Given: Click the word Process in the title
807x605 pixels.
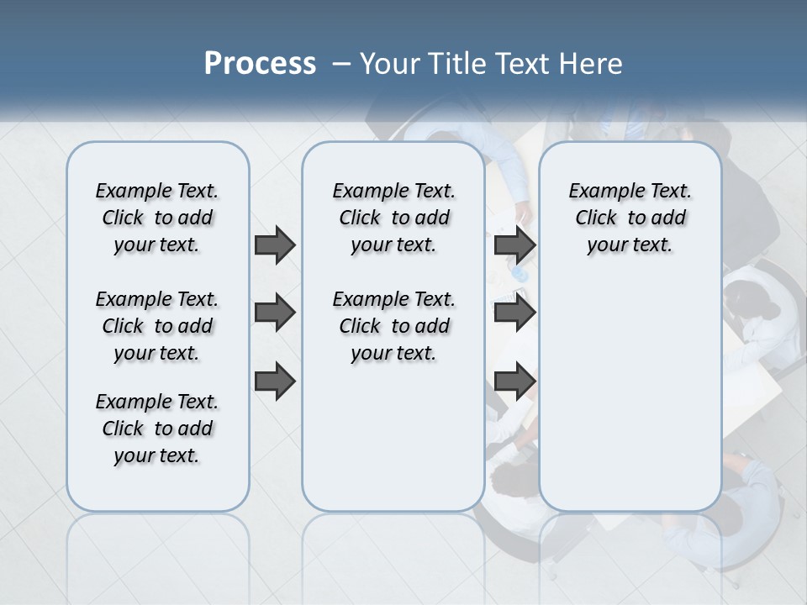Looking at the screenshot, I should click(260, 63).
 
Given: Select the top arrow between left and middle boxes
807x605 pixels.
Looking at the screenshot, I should click(275, 245).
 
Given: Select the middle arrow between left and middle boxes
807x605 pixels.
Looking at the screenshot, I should click(275, 313).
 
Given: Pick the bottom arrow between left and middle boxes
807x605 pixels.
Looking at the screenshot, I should click(275, 381).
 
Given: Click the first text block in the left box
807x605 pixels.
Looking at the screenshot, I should click(157, 218).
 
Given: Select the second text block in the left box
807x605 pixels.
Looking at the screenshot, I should click(157, 326).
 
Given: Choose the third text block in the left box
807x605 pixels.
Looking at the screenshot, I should click(157, 429).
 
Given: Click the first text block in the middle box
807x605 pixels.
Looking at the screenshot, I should click(393, 218).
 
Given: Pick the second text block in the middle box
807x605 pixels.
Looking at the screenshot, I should click(393, 326).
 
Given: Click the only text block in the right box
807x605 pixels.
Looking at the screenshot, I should click(630, 218).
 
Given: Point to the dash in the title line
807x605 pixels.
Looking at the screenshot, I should click(341, 64).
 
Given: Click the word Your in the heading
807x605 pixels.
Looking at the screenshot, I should click(390, 64).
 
